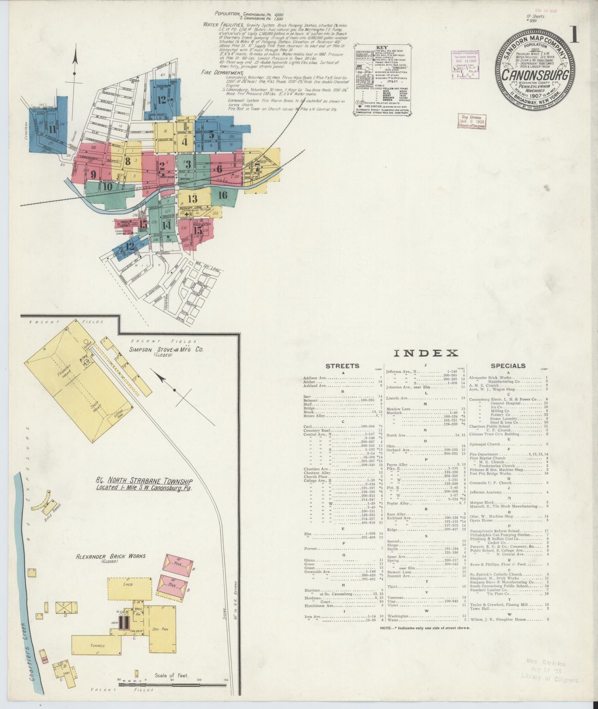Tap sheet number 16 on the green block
[x=223, y=195]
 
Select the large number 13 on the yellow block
[x=192, y=198]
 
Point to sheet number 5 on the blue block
[x=211, y=135]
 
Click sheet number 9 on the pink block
[x=94, y=174]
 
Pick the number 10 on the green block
[x=108, y=187]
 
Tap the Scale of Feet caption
[x=171, y=675]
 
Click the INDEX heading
[x=426, y=353]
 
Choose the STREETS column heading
[x=342, y=366]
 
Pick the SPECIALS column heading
[x=508, y=366]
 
